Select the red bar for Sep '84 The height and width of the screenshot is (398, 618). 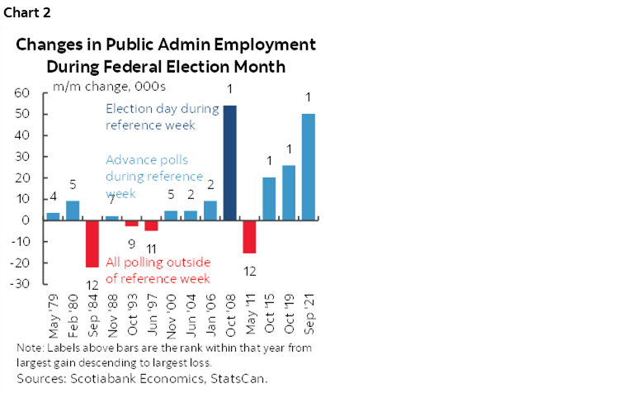pyautogui.click(x=92, y=244)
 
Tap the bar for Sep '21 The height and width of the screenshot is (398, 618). pyautogui.click(x=309, y=167)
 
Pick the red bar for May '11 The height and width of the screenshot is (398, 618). pyautogui.click(x=249, y=236)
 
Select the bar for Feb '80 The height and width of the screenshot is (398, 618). pyautogui.click(x=73, y=211)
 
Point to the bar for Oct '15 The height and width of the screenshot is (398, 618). pyautogui.click(x=269, y=198)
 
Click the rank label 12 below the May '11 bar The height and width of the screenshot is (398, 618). pyautogui.click(x=249, y=269)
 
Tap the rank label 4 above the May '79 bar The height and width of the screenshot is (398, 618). pyautogui.click(x=52, y=197)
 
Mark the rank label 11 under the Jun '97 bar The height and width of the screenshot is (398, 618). pyautogui.click(x=151, y=248)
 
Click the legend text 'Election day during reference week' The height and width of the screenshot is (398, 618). pyautogui.click(x=162, y=116)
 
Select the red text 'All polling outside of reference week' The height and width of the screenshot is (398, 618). pyautogui.click(x=158, y=269)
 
